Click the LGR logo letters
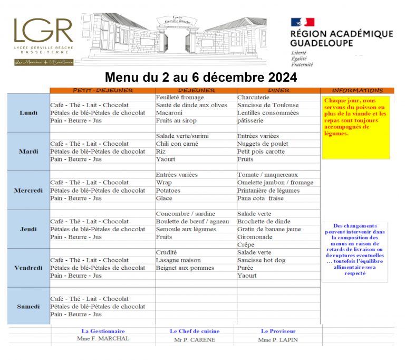43,31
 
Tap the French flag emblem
302,22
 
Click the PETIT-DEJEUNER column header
103,90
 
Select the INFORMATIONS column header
357,90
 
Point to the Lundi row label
28,112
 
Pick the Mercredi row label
28,190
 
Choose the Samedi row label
28,306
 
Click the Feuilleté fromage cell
180,98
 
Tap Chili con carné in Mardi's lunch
177,144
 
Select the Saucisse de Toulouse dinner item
267,105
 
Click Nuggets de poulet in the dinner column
262,144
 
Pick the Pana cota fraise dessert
261,198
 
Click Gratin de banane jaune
269,229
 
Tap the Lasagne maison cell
178,260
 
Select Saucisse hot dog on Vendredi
261,260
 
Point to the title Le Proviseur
278,331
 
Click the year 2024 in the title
278,78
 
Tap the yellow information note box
356,127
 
